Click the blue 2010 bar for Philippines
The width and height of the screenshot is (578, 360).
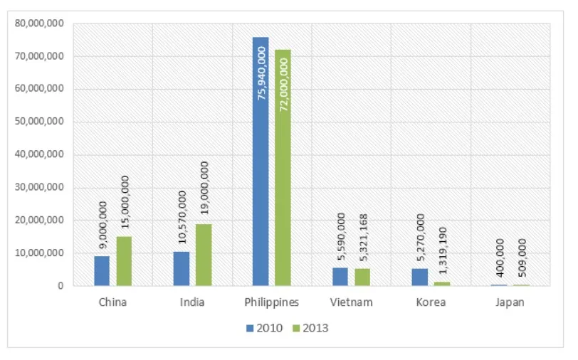(x=261, y=164)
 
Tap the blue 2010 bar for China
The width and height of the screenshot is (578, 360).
(x=102, y=271)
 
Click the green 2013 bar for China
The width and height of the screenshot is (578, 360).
(x=124, y=261)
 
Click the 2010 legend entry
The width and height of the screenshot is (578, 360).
(x=265, y=328)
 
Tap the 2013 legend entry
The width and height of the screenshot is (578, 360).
(x=310, y=328)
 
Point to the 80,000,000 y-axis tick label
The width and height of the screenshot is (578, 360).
(x=39, y=23)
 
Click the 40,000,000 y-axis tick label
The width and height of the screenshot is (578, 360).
(x=39, y=155)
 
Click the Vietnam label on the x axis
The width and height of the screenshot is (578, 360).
(x=351, y=302)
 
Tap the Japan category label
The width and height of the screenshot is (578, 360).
(x=509, y=302)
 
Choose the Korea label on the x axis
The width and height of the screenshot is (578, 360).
(x=431, y=302)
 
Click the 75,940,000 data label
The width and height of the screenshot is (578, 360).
(x=262, y=73)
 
